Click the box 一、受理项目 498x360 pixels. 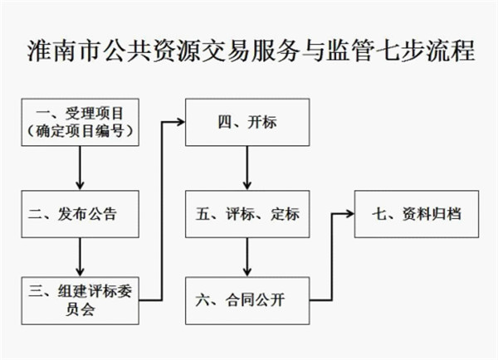[x=81, y=122]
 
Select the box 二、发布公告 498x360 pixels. [x=81, y=214]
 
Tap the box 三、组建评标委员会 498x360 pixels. [x=81, y=299]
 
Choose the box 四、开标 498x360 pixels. [x=246, y=122]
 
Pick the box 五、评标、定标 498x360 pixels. [x=246, y=214]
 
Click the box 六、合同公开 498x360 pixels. [x=246, y=299]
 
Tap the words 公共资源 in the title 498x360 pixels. [x=143, y=51]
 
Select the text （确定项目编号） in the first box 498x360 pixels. [x=81, y=130]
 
